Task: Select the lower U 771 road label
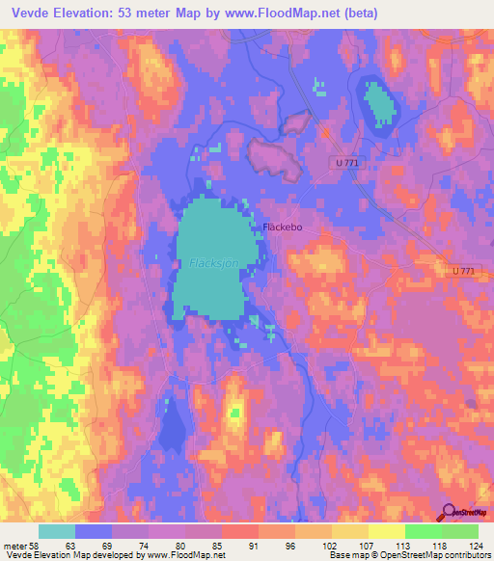coord(463,273)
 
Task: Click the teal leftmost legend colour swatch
coord(57,531)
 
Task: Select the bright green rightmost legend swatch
coord(459,531)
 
